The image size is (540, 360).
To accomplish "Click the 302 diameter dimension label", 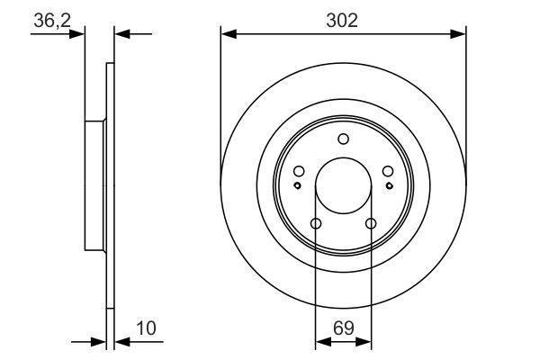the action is [342, 21].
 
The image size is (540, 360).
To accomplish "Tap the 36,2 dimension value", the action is [52, 21].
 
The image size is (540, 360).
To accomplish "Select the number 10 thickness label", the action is [146, 328].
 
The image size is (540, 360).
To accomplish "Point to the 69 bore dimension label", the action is [344, 328].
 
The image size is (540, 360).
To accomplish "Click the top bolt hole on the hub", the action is [344, 139].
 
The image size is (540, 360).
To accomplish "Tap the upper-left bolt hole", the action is [299, 171].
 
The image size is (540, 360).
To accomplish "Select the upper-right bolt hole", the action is [388, 171].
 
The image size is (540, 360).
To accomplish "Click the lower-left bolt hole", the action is [316, 223].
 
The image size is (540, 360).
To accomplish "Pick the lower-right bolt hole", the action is [371, 223].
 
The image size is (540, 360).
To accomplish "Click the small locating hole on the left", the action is [298, 185].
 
